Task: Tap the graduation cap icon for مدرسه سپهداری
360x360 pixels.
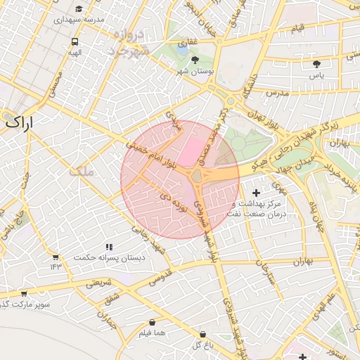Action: [x=79, y=8]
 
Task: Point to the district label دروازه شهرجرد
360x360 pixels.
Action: [x=130, y=43]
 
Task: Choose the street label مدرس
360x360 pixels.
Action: [x=277, y=93]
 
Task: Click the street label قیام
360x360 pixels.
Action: [x=297, y=27]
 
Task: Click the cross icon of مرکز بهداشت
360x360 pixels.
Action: [x=255, y=192]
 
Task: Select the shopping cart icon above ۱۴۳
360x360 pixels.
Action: [x=56, y=256]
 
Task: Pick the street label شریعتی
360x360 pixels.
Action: [x=98, y=283]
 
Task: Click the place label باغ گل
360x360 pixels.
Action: [x=202, y=345]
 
